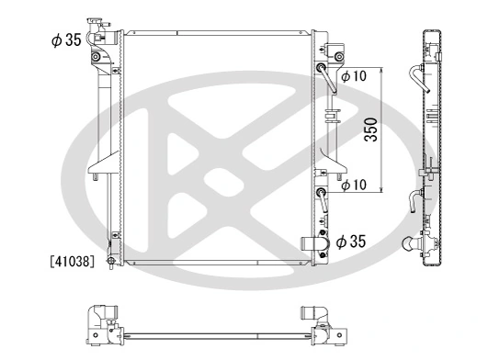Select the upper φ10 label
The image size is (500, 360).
353,76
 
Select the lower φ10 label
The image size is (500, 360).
353,186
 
